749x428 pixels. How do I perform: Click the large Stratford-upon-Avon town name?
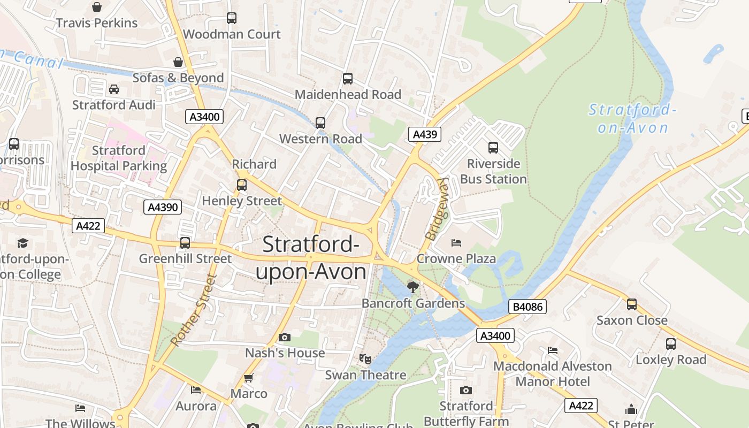coord(311,258)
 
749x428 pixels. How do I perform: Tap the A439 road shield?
coord(425,134)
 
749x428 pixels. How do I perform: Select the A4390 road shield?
coord(163,207)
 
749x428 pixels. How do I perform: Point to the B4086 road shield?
coord(527,307)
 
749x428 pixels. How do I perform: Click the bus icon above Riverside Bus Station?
coord(493,147)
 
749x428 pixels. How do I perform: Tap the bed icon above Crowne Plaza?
coord(456,243)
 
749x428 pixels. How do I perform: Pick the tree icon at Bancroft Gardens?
coord(413,287)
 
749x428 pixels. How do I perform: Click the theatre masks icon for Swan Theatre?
coord(365,358)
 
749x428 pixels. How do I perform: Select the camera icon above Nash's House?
coord(285,337)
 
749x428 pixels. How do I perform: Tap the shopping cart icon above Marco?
coord(248,378)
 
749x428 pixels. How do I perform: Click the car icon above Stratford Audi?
coord(114,89)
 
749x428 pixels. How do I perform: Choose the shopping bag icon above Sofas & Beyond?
coord(178,62)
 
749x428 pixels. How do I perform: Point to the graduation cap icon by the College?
coord(22,243)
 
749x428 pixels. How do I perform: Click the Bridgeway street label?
coord(437,209)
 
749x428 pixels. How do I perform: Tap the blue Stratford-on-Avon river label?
coord(633,119)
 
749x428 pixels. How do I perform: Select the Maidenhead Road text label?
coord(348,95)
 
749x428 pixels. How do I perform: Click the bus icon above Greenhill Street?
coord(185,242)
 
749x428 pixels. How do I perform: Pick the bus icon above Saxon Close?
coord(632,304)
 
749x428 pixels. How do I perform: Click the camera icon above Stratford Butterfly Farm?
coord(466,390)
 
